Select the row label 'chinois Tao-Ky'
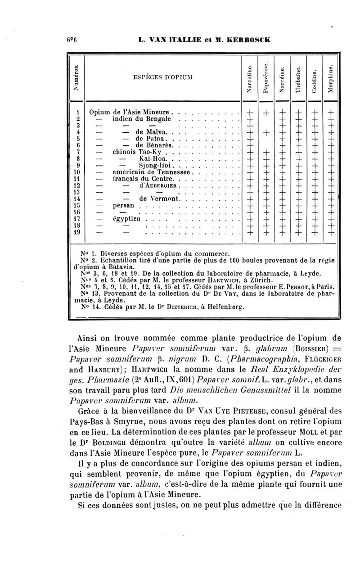coord(137,153)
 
